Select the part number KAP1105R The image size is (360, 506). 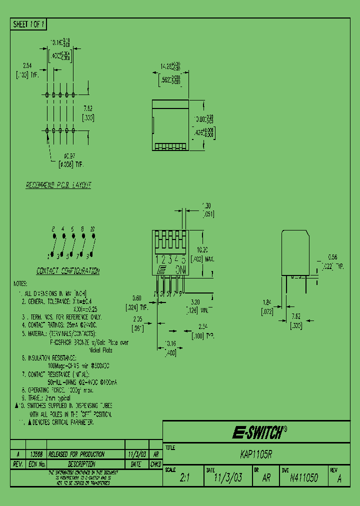click(x=256, y=455)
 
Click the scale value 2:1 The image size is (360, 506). click(x=184, y=478)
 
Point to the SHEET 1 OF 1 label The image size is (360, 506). click(x=29, y=24)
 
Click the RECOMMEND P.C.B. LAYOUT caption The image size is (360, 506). click(x=58, y=185)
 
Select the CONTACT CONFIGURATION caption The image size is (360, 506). click(x=68, y=271)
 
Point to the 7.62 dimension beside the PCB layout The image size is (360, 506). click(x=88, y=107)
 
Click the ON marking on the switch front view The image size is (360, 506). click(x=181, y=269)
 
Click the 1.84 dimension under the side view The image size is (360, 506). click(x=266, y=302)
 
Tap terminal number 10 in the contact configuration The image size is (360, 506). click(x=92, y=228)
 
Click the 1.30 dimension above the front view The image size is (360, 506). click(x=206, y=205)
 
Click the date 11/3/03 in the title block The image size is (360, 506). click(x=228, y=478)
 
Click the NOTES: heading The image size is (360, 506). click(x=20, y=283)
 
